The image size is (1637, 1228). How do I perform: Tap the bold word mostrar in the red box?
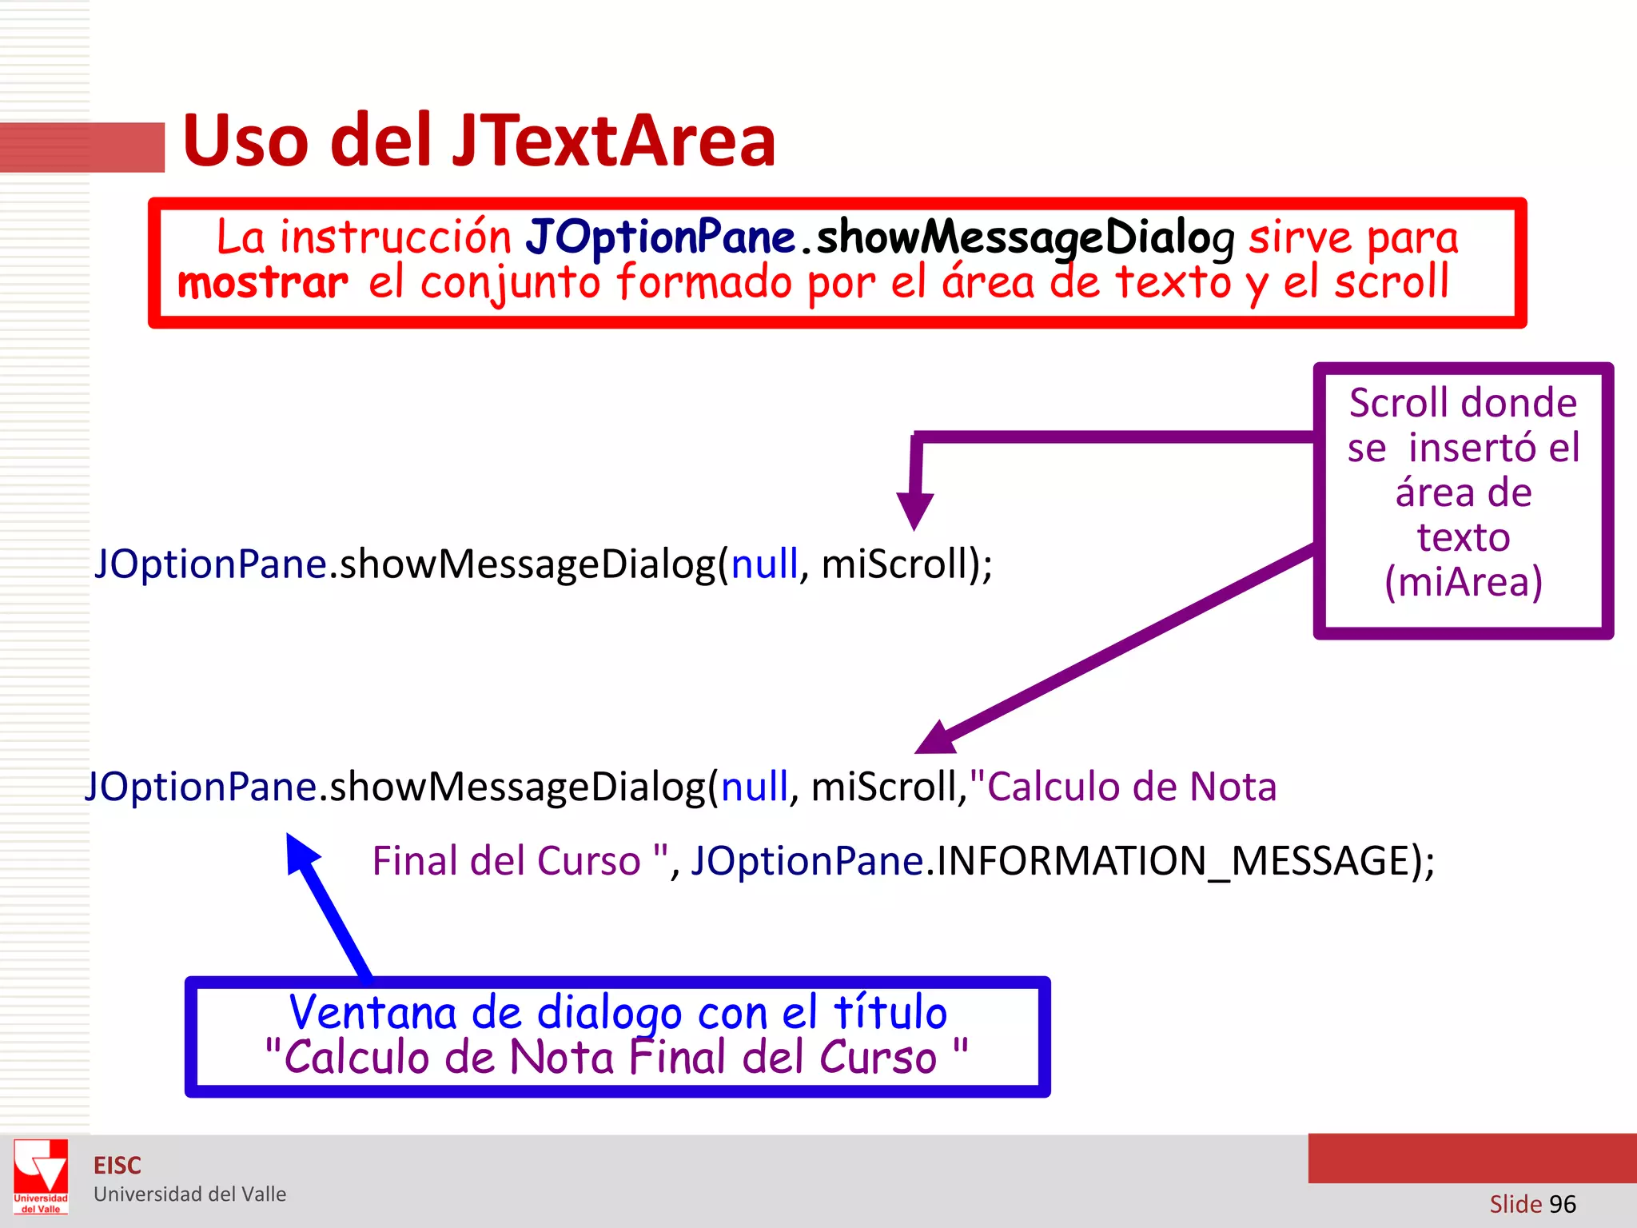pyautogui.click(x=263, y=283)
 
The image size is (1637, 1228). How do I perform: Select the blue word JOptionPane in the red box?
pyautogui.click(x=660, y=237)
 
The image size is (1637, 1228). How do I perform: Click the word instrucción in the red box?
pyautogui.click(x=395, y=237)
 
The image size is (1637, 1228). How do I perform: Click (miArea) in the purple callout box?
pyautogui.click(x=1463, y=581)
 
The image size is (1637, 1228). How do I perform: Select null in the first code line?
pyautogui.click(x=764, y=564)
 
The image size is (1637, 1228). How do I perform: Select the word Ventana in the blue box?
pyautogui.click(x=372, y=1012)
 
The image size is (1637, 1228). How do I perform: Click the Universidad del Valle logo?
pyautogui.click(x=41, y=1176)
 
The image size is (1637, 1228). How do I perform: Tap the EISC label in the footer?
pyautogui.click(x=117, y=1166)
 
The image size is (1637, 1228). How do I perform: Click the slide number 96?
pyautogui.click(x=1562, y=1204)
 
